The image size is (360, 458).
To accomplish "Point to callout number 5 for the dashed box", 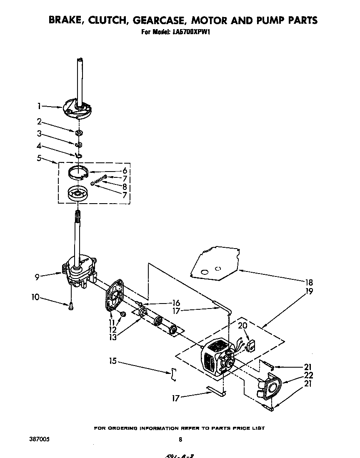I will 39,158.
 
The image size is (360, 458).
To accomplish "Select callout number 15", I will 113,361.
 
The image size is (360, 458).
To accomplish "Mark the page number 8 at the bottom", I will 180,439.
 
